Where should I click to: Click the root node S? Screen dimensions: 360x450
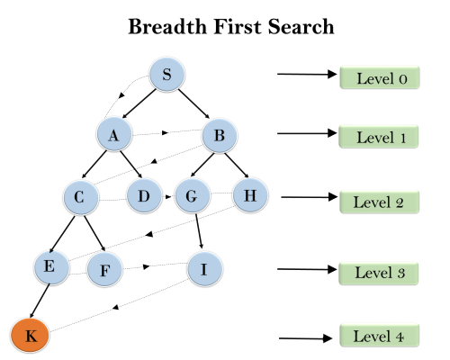166,76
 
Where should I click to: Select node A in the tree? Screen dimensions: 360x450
114,135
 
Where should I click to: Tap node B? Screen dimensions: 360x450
219,137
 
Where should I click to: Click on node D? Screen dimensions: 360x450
143,195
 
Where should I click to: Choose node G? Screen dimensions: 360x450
192,196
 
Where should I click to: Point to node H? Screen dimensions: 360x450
250,194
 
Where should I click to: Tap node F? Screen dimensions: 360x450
104,269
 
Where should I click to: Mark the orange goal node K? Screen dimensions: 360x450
30,336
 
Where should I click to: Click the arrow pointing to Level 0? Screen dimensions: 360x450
306,75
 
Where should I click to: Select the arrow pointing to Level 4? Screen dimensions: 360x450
306,339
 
